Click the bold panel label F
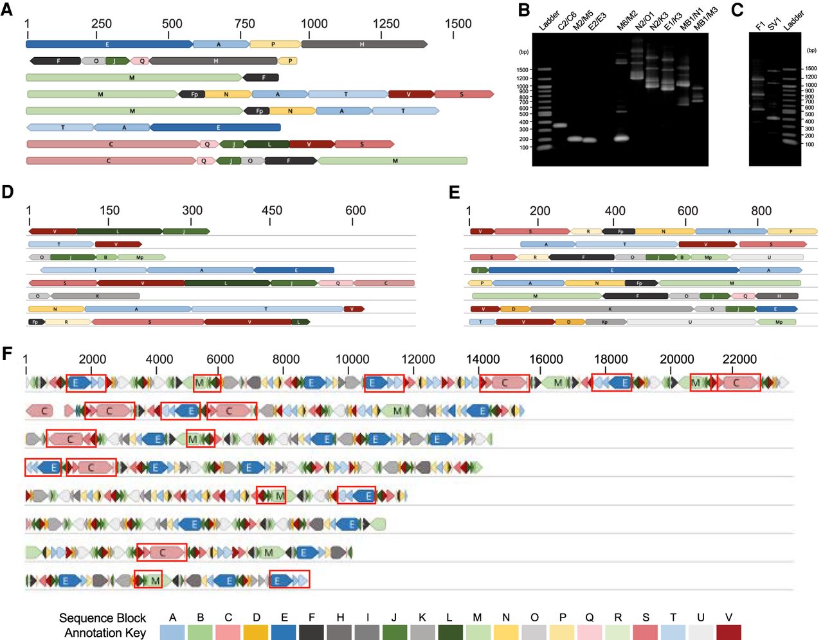click(7, 353)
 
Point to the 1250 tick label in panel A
click(386, 24)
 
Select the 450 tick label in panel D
click(271, 210)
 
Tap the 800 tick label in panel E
click(761, 210)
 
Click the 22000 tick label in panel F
click(739, 359)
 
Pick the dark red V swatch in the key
click(728, 632)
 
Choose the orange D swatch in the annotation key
click(256, 632)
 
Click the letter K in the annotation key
click(422, 618)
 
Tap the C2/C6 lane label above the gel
click(566, 21)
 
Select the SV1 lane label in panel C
click(773, 24)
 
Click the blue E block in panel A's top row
click(108, 44)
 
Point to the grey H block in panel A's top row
click(363, 44)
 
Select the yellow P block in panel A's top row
click(275, 44)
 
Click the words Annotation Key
click(105, 633)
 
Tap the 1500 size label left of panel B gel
click(521, 70)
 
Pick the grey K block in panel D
click(95, 296)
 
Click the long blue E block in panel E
click(611, 271)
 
